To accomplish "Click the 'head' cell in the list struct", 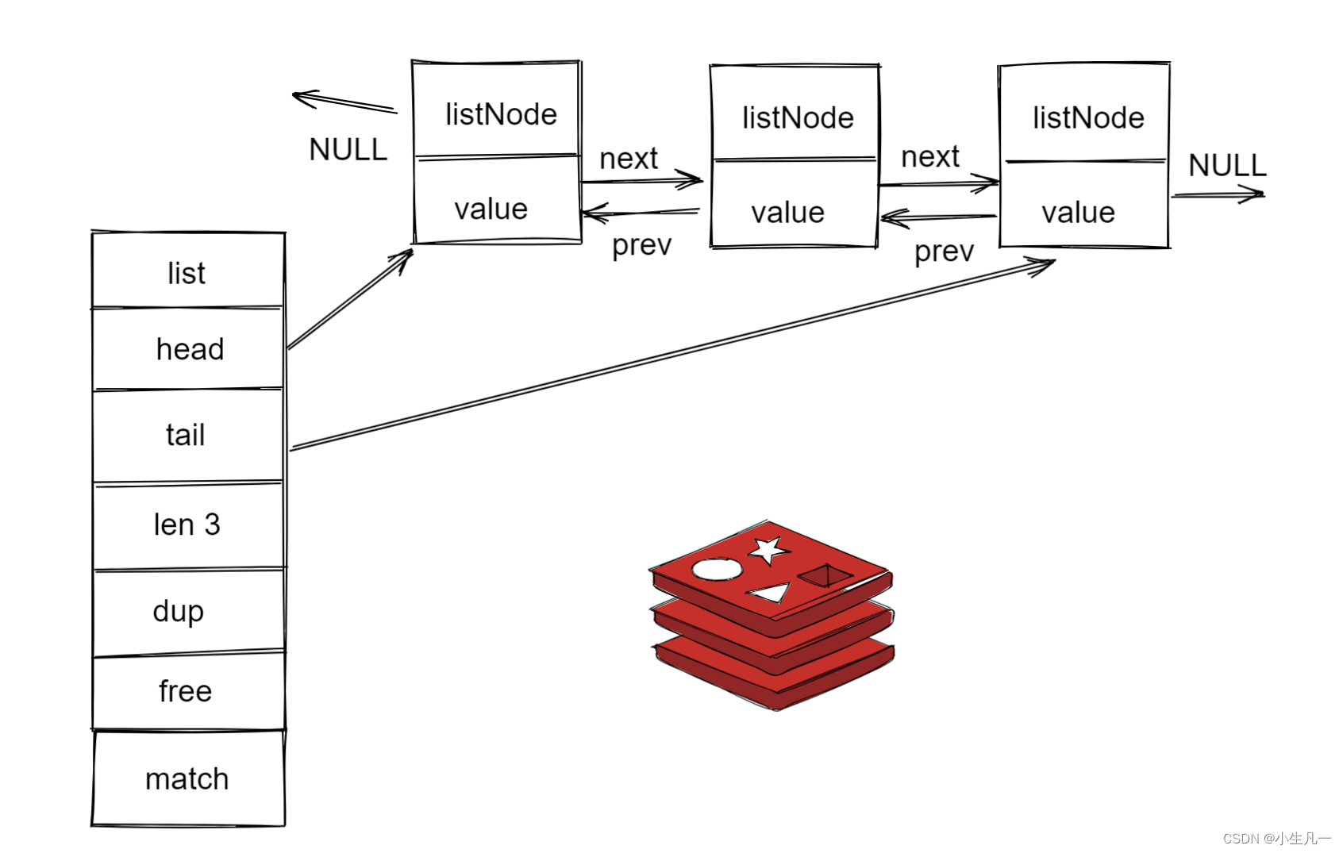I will pos(189,349).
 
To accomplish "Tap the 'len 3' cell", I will pos(187,524).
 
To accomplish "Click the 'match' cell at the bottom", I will pos(187,779).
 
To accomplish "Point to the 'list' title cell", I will pos(187,273).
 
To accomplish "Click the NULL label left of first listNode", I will pos(348,149).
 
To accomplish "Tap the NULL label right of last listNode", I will pos(1226,165).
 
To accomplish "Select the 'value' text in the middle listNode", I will pos(787,213).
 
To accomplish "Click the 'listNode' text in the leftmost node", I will pos(501,114).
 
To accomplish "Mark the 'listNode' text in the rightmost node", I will pos(1088,117).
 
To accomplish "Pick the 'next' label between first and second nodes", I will pos(628,159).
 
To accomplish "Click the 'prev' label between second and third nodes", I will pos(944,252).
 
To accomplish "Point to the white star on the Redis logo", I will pos(768,549).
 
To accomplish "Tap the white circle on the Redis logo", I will pos(717,569).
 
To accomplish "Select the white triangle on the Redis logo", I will pos(770,592).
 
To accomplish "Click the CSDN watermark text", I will pos(1276,838).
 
